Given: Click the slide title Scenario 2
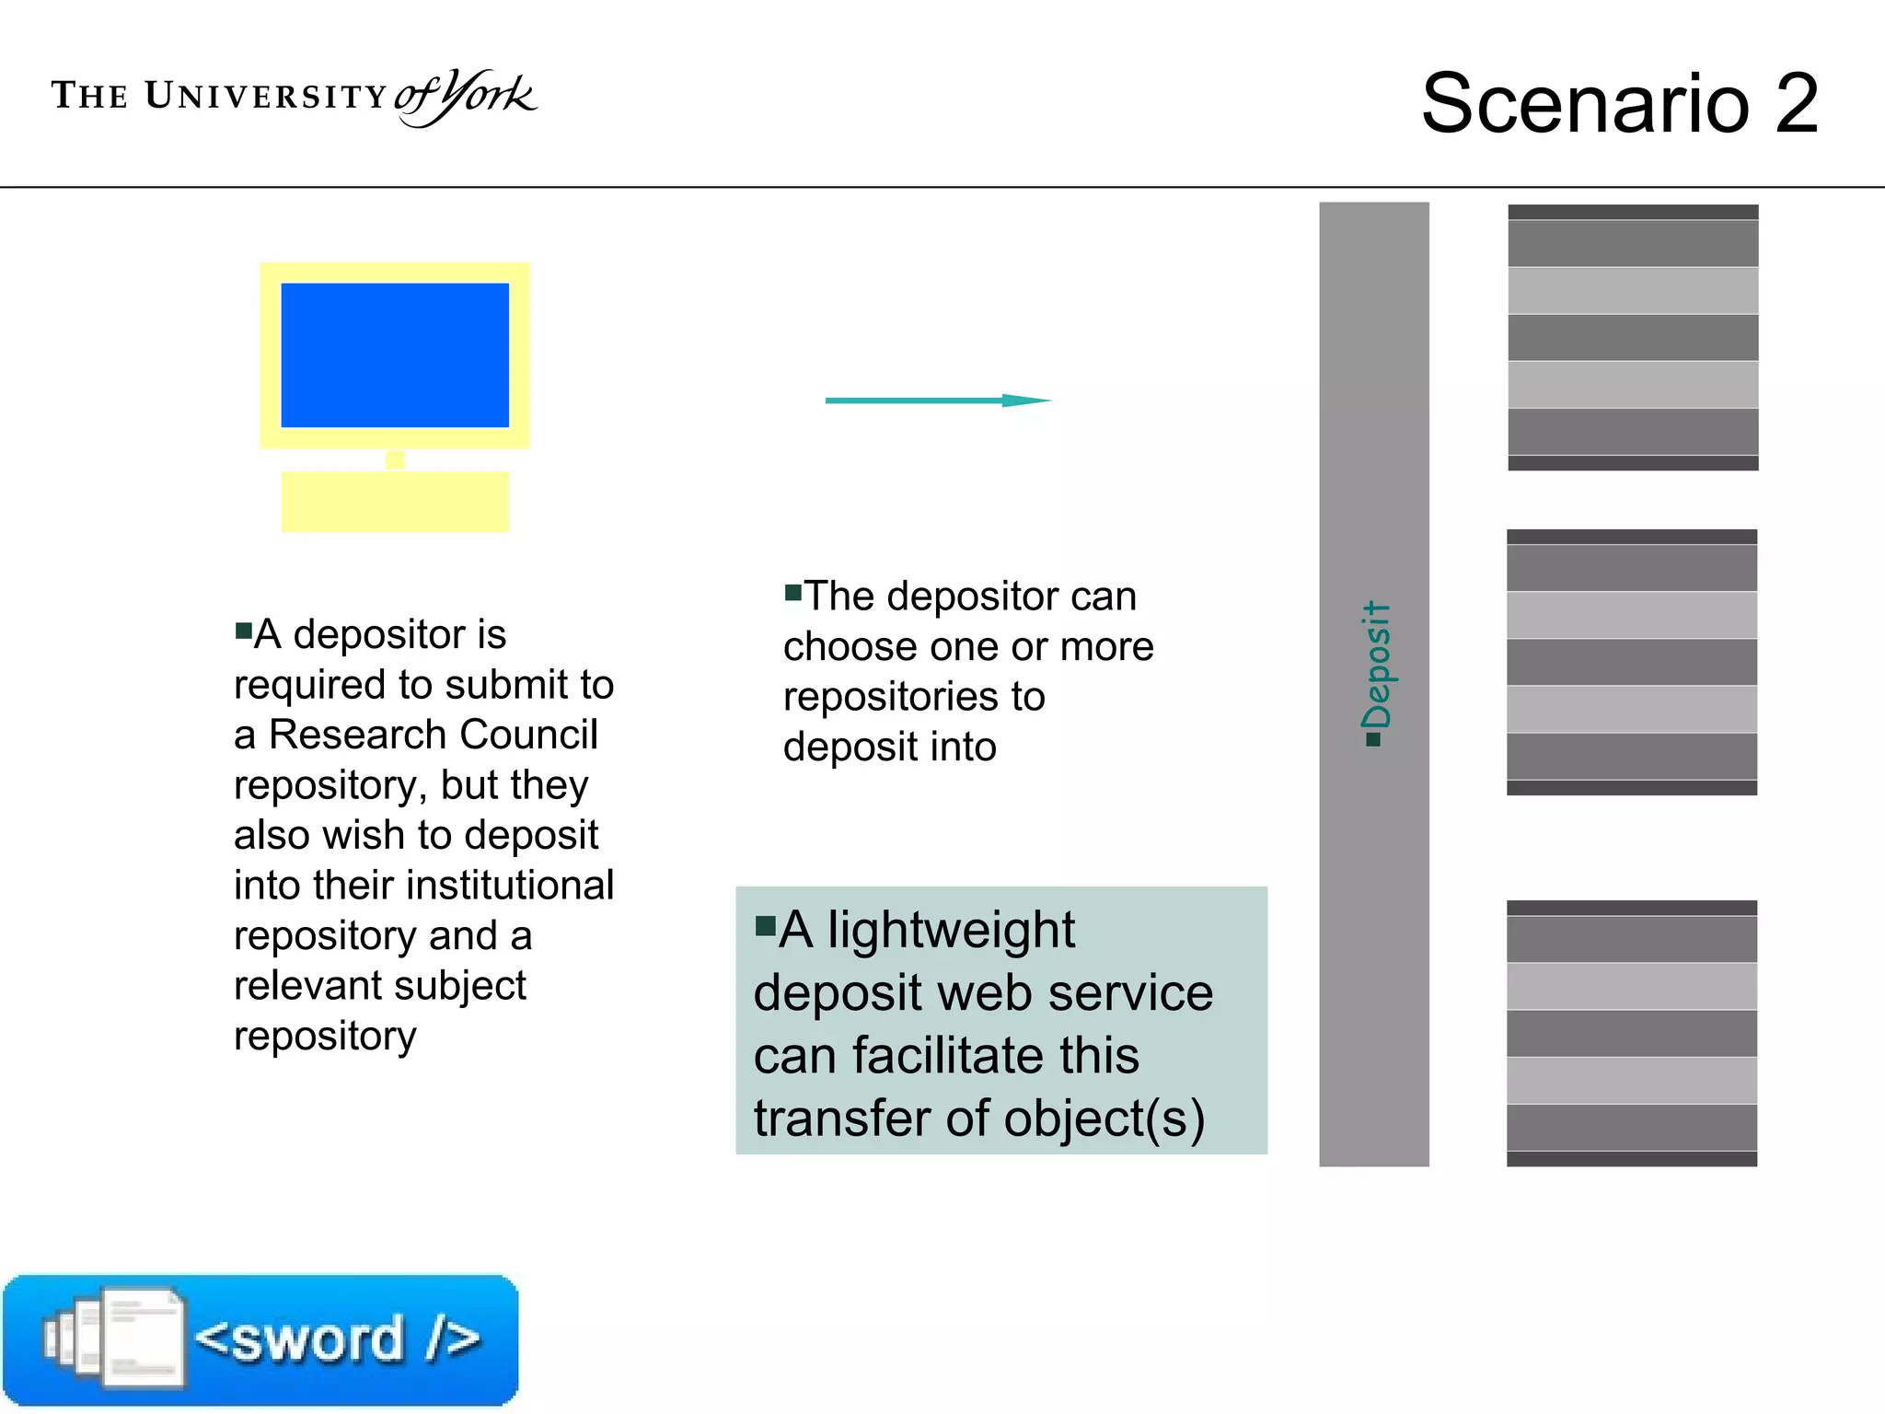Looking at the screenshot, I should click(x=1620, y=103).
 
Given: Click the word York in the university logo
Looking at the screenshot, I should click(x=486, y=95).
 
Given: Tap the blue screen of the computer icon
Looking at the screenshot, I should click(x=395, y=354).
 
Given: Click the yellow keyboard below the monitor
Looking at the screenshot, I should click(x=395, y=501).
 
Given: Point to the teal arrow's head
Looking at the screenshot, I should click(x=1025, y=400).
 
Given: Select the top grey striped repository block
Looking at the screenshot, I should click(x=1633, y=338).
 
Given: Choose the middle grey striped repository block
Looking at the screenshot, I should click(x=1632, y=662).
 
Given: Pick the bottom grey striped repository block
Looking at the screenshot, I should click(x=1632, y=1033).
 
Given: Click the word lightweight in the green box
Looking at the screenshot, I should click(x=951, y=930).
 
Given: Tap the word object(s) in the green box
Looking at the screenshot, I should click(x=1104, y=1118).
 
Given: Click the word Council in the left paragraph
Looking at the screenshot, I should click(x=528, y=735).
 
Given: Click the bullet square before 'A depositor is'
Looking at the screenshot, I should click(x=244, y=631).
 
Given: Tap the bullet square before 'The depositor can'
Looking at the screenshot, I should click(x=792, y=591).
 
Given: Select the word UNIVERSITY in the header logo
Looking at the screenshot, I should click(x=267, y=96).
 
